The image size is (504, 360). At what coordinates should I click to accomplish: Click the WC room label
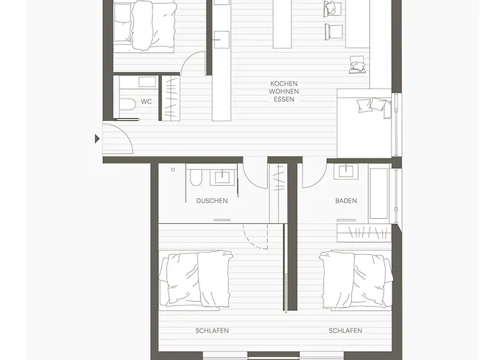[x=146, y=102]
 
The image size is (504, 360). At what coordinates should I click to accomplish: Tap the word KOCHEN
[x=284, y=84]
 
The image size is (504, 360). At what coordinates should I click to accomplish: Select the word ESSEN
[x=284, y=99]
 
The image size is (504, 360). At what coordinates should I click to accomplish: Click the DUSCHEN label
[x=212, y=201]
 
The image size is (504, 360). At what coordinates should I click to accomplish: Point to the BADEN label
[x=346, y=201]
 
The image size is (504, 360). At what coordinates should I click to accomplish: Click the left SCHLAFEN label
[x=212, y=330]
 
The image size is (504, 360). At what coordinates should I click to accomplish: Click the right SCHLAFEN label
[x=346, y=330]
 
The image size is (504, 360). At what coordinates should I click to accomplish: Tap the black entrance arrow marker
[x=97, y=139]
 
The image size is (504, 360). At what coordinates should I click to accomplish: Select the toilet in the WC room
[x=127, y=104]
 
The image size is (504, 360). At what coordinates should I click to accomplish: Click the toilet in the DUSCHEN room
[x=196, y=178]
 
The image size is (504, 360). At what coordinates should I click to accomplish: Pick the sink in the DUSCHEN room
[x=222, y=177]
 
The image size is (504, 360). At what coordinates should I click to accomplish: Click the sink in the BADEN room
[x=346, y=171]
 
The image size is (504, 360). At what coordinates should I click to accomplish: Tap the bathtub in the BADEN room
[x=379, y=193]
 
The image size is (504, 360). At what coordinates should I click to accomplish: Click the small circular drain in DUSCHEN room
[x=173, y=169]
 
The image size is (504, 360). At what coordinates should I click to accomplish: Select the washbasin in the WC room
[x=147, y=81]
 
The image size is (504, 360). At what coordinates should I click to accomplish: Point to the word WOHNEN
[x=284, y=91]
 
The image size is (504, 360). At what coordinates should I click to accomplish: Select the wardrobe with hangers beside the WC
[x=171, y=98]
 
